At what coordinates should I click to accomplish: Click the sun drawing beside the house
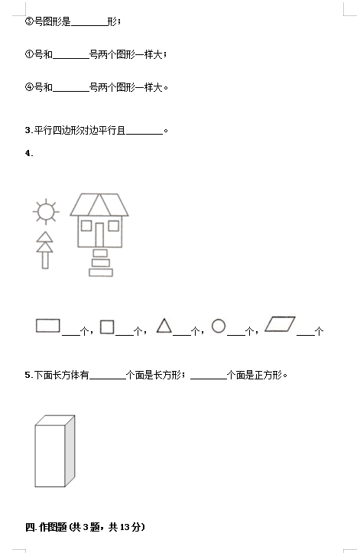coord(46,212)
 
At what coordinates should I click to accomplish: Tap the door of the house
coord(99,235)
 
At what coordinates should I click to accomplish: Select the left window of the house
coord(86,226)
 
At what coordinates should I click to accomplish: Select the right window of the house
coord(114,226)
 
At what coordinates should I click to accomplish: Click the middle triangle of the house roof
coord(99,207)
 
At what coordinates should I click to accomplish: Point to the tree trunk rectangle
coord(45,260)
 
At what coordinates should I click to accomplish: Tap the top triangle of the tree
coord(45,238)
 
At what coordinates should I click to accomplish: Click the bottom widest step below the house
coord(101,272)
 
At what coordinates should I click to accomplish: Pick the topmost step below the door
coord(100,253)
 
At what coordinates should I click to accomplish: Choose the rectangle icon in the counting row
coord(48,326)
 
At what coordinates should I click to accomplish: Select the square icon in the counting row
coord(107,327)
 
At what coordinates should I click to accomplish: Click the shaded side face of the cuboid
coord(70,451)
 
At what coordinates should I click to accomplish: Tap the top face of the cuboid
coord(55,421)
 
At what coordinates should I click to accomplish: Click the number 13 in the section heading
coord(125,527)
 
